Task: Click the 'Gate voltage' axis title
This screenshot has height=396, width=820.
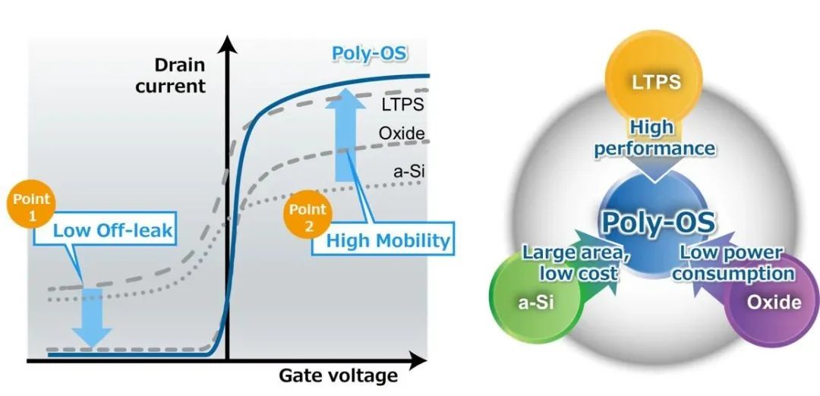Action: [338, 375]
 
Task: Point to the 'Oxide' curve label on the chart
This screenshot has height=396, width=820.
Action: [402, 134]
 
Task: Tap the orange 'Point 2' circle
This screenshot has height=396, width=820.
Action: [304, 215]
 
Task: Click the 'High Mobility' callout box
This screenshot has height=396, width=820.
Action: [388, 241]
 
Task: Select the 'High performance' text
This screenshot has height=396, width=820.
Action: [654, 139]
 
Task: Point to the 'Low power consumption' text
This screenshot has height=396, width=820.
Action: [733, 262]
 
